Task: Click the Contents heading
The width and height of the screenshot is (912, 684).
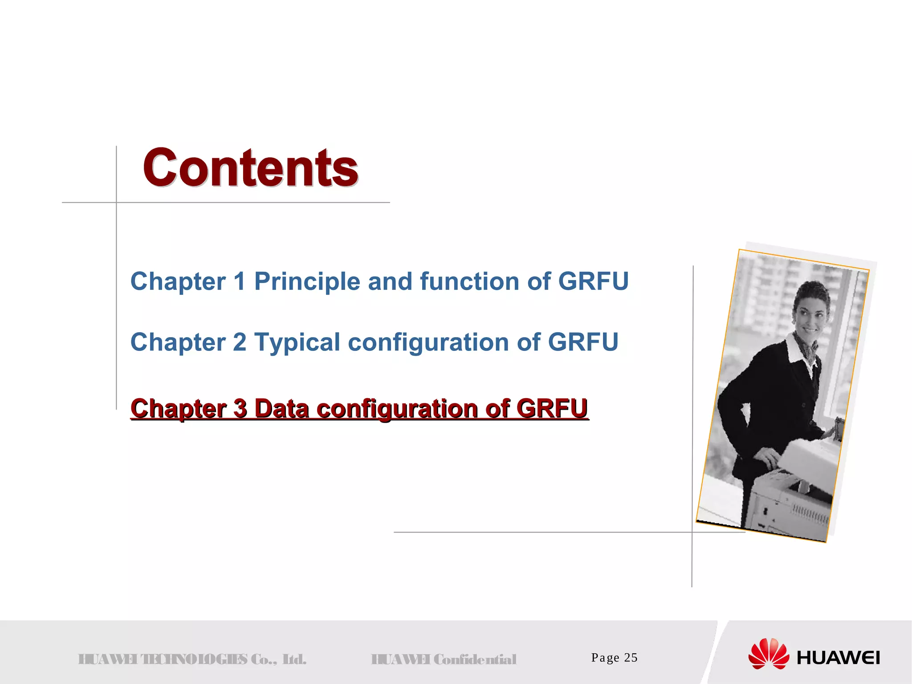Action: coord(250,168)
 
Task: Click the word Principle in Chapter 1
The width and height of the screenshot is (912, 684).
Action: coord(307,281)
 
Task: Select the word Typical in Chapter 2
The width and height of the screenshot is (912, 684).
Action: coord(297,342)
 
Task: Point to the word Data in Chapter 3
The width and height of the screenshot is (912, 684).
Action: coord(281,408)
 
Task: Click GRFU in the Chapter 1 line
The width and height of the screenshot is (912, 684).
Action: coord(593,281)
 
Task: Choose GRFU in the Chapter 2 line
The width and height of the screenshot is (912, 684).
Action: coord(583,342)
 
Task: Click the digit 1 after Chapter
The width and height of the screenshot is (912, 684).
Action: coord(240,281)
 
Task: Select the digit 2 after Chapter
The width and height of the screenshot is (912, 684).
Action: coord(240,342)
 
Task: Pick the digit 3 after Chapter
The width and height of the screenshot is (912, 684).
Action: coord(240,408)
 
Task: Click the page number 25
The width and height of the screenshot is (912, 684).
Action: coord(631,658)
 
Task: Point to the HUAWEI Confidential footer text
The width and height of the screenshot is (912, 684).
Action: coord(444,659)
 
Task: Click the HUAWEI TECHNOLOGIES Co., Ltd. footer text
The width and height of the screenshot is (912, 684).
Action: coord(192,659)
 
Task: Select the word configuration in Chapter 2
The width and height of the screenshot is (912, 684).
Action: coord(428,342)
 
